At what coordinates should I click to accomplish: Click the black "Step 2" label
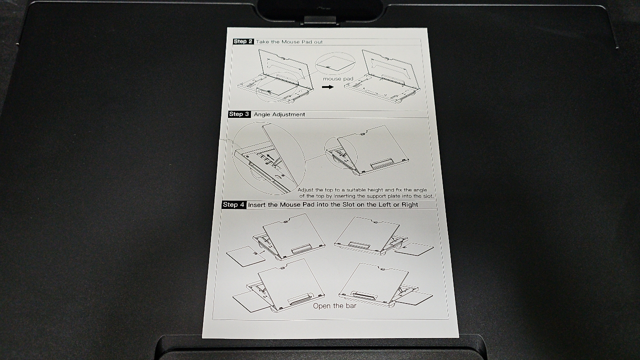(243, 41)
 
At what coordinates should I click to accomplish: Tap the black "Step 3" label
(239, 114)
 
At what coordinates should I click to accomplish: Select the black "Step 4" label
(233, 204)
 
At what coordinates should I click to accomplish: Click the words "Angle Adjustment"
(279, 114)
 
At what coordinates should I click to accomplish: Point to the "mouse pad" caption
(338, 78)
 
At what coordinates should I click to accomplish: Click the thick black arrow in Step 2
(327, 87)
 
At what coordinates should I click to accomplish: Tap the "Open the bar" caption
(334, 306)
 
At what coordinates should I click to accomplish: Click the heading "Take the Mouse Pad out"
(289, 41)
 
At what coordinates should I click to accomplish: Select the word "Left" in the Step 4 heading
(385, 204)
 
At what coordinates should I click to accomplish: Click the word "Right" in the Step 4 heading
(410, 204)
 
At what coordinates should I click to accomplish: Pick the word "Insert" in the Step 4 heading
(257, 205)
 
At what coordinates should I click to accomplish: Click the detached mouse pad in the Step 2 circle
(335, 63)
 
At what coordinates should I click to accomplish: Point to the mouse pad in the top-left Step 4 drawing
(245, 256)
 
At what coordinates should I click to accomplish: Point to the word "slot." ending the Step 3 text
(427, 196)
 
